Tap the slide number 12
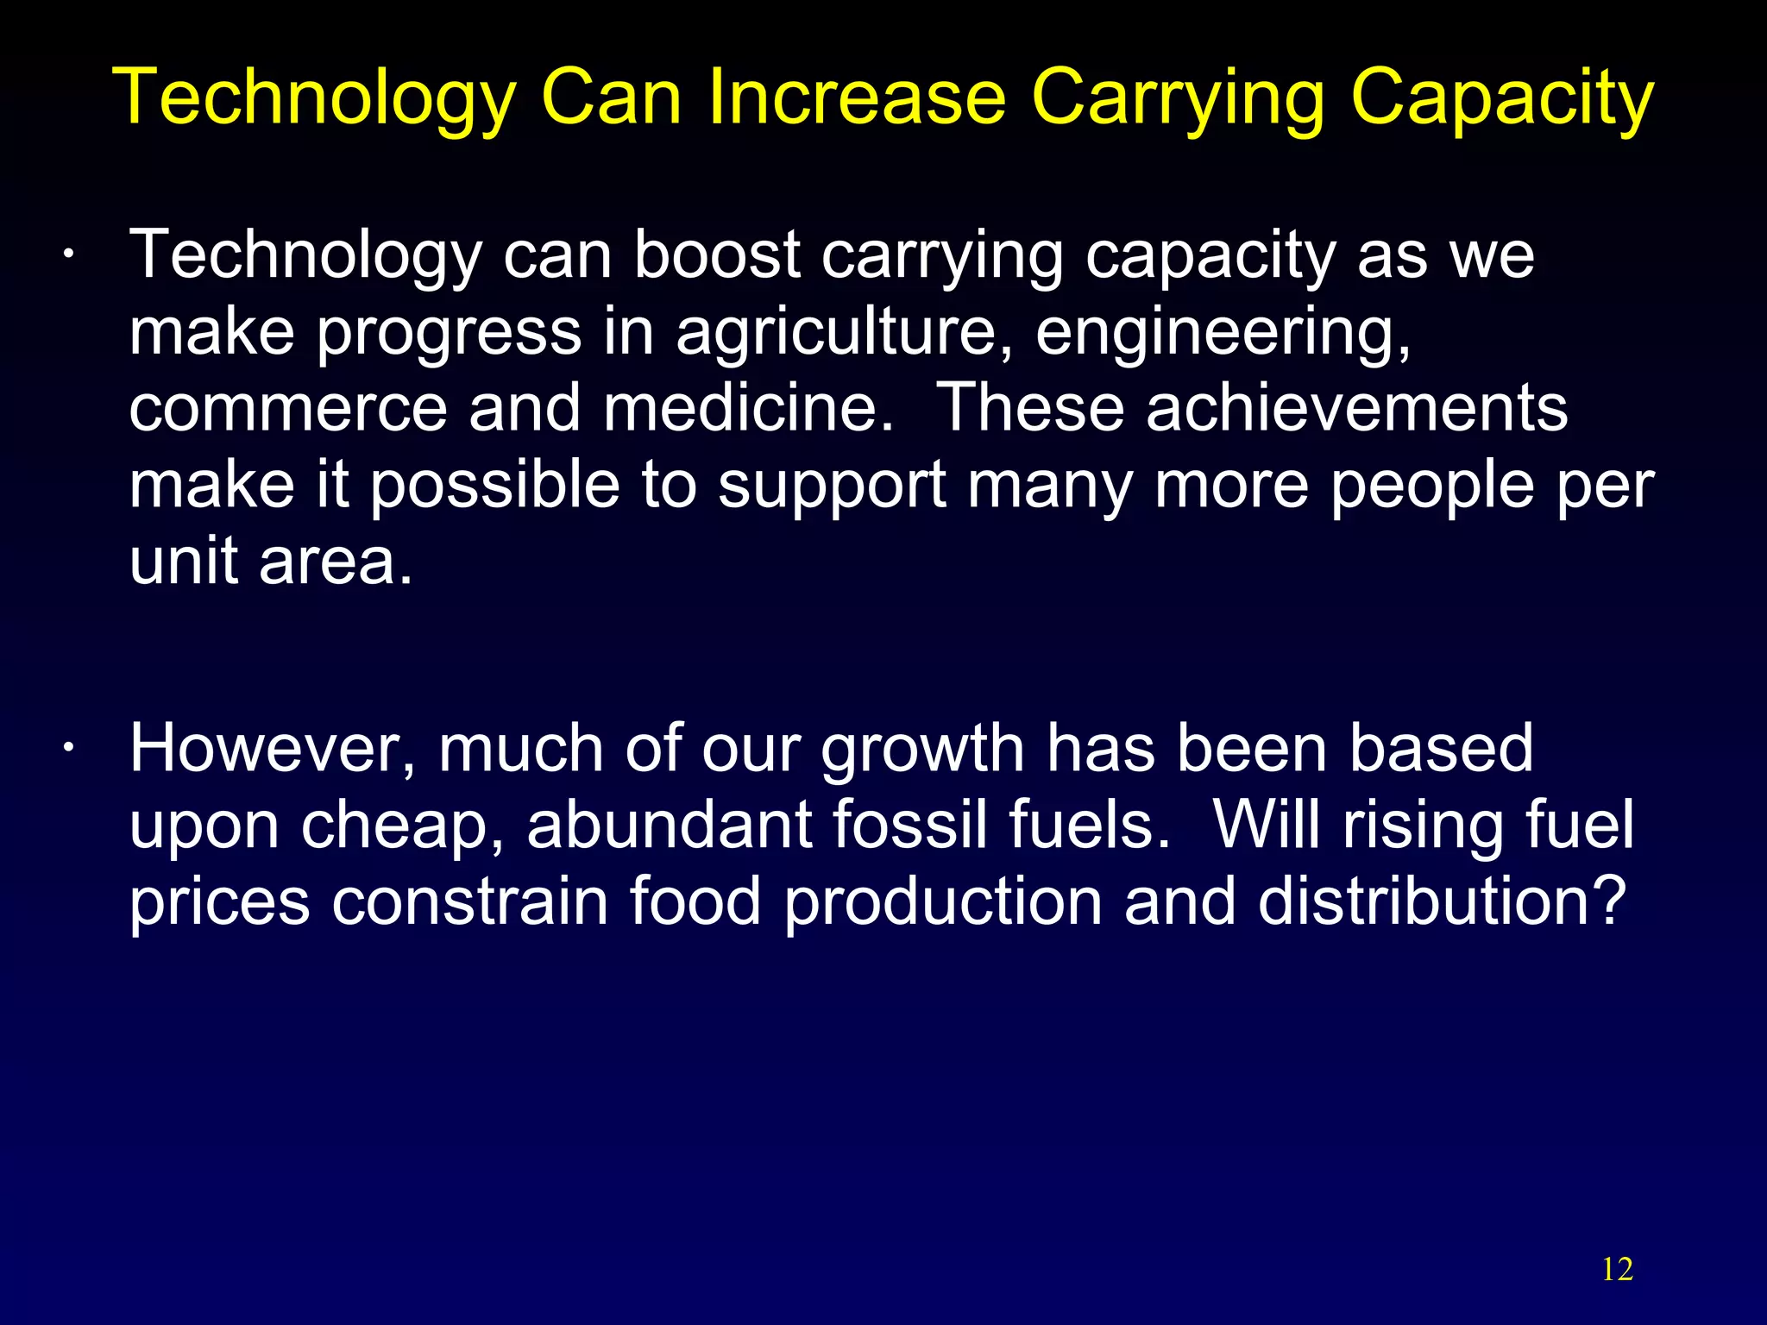[x=1617, y=1269]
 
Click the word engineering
[x=1223, y=333]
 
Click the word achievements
[x=1356, y=408]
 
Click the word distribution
[x=1441, y=901]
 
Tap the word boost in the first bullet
[x=716, y=255]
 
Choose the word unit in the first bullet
[x=184, y=562]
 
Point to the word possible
[x=494, y=486]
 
